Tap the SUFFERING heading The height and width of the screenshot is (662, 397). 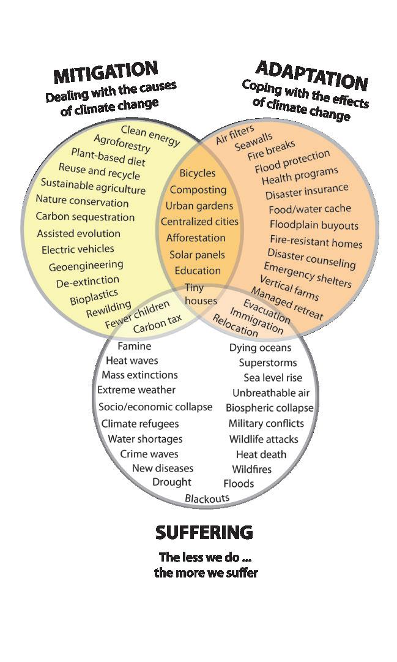click(x=204, y=532)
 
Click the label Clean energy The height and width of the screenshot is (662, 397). click(x=150, y=135)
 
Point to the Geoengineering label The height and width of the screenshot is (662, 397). click(x=86, y=266)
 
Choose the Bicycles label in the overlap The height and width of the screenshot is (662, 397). click(x=198, y=173)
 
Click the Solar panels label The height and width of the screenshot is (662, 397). click(x=197, y=254)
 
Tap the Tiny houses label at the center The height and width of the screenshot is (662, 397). click(x=200, y=294)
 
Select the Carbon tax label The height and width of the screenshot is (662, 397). click(x=158, y=325)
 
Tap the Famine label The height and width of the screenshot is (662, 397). click(x=134, y=346)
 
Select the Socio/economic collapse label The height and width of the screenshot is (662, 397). click(x=155, y=407)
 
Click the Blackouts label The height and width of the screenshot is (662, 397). click(x=207, y=498)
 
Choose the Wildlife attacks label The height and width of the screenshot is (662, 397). click(x=264, y=438)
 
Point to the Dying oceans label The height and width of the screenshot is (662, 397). click(x=261, y=348)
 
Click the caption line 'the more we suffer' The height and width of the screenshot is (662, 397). click(x=206, y=573)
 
